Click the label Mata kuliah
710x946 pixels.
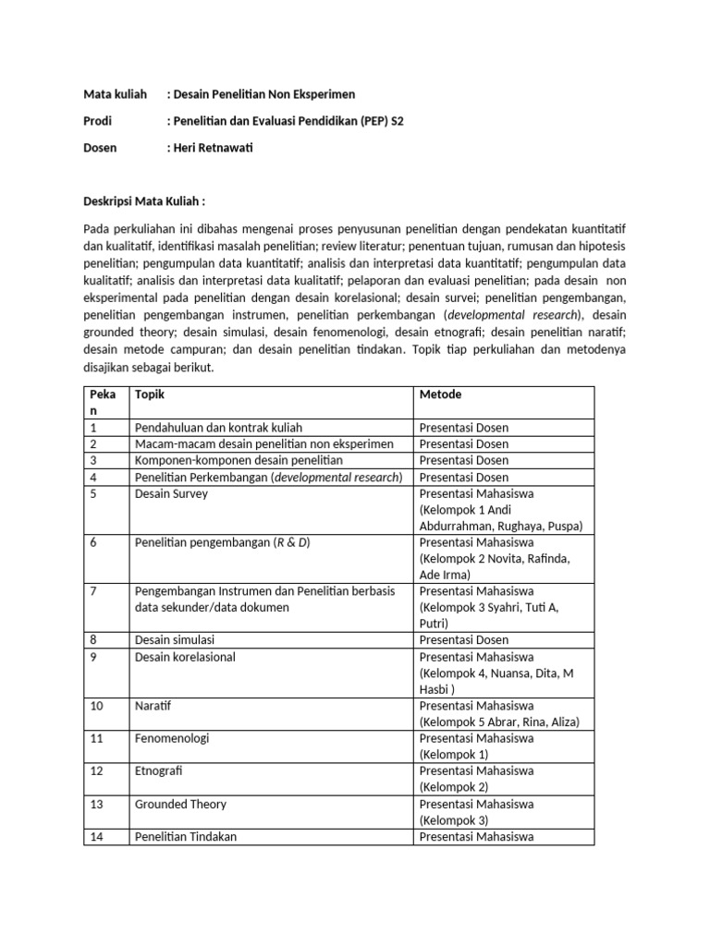[116, 94]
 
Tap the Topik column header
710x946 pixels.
[150, 394]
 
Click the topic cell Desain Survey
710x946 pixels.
[172, 493]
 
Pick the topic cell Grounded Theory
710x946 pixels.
[180, 804]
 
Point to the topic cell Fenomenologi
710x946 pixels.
[172, 738]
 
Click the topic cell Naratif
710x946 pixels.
[153, 706]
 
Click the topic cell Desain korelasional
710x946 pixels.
[185, 657]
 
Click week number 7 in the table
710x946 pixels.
[93, 590]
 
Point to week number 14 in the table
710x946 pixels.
[96, 837]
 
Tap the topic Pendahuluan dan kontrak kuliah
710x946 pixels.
[218, 428]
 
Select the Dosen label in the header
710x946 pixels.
[101, 148]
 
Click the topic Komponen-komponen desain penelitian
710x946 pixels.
[239, 460]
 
